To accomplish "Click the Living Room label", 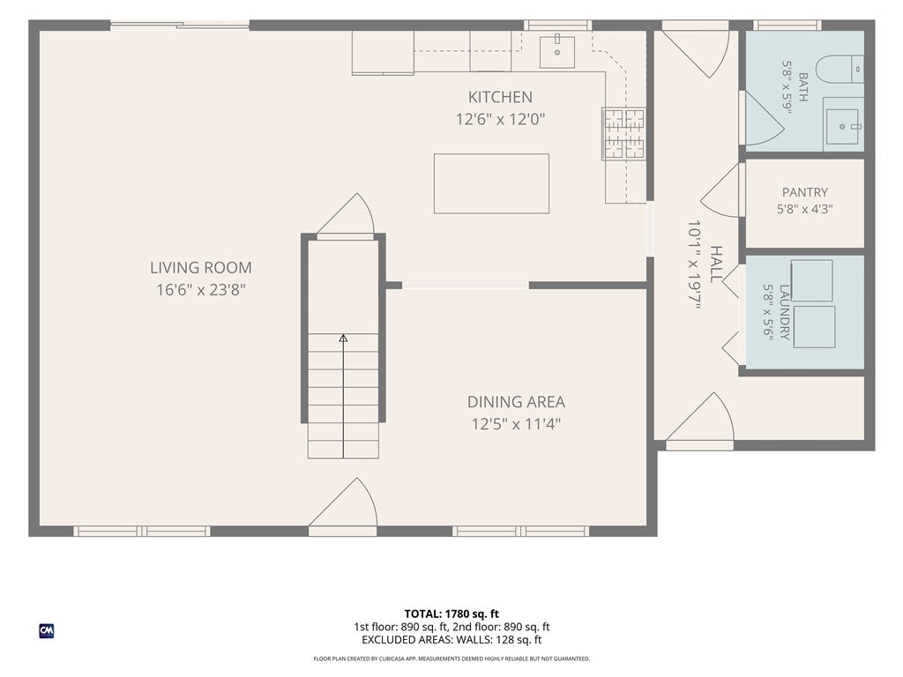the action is (x=201, y=268).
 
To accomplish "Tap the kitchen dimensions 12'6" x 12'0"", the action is (x=501, y=119).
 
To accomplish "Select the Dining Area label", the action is (x=516, y=401).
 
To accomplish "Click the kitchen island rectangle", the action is (x=491, y=183).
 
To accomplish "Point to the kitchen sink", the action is (x=557, y=52).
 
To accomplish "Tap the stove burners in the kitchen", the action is (x=623, y=133).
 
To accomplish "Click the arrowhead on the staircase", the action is (x=343, y=338).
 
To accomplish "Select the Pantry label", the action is (x=804, y=192).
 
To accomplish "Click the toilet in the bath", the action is (x=840, y=69).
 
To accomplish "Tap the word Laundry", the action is (x=784, y=312).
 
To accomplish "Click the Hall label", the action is (x=716, y=264).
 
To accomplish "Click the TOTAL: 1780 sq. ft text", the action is (x=451, y=614).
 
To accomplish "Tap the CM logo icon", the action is (x=47, y=631).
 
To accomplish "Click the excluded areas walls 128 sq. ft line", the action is (x=451, y=640).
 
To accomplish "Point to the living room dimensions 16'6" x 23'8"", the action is (x=201, y=289).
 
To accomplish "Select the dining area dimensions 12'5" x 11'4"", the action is (x=516, y=424).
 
